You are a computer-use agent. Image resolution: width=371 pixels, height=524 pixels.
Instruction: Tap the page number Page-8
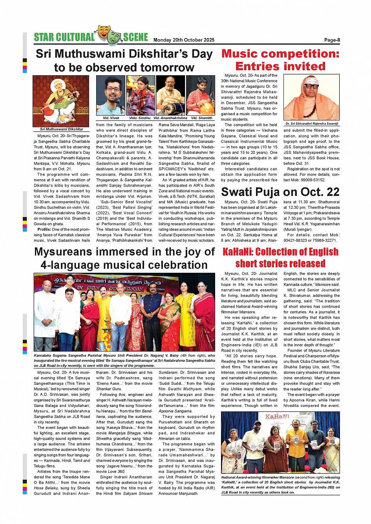point(332,40)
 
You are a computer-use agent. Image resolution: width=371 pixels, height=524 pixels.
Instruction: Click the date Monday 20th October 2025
point(184,40)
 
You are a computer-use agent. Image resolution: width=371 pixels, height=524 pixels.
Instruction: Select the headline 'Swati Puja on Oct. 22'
point(280,192)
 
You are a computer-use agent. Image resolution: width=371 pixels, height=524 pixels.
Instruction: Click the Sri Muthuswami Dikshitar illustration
point(61,101)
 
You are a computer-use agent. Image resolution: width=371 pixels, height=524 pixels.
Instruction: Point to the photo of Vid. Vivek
point(111,95)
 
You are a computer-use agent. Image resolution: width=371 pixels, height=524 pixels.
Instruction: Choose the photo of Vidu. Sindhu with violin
point(141,95)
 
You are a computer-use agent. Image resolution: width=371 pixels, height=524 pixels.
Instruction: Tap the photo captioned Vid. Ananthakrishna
point(170,95)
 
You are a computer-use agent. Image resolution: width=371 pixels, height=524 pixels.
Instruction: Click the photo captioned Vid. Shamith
point(201,95)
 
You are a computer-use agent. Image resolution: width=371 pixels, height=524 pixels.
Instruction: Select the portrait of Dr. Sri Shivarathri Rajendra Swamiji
point(311,97)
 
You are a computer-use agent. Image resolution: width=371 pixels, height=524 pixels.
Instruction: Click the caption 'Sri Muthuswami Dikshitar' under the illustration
point(62,129)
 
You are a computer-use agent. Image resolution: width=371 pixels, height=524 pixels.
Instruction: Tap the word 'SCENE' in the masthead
point(135,37)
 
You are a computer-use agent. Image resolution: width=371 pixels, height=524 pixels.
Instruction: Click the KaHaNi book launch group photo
point(280,442)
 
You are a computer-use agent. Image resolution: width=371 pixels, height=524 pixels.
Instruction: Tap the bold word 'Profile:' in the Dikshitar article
point(44,229)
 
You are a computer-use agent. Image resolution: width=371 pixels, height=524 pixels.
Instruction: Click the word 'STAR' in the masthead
point(44,37)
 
